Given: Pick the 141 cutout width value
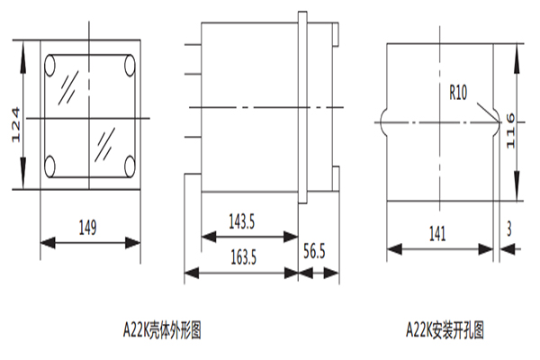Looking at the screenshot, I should (x=436, y=233).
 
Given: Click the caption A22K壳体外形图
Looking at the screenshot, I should (x=163, y=330).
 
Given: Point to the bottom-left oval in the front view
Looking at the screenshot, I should (x=51, y=166).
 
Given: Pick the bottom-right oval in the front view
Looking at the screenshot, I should (x=130, y=166).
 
